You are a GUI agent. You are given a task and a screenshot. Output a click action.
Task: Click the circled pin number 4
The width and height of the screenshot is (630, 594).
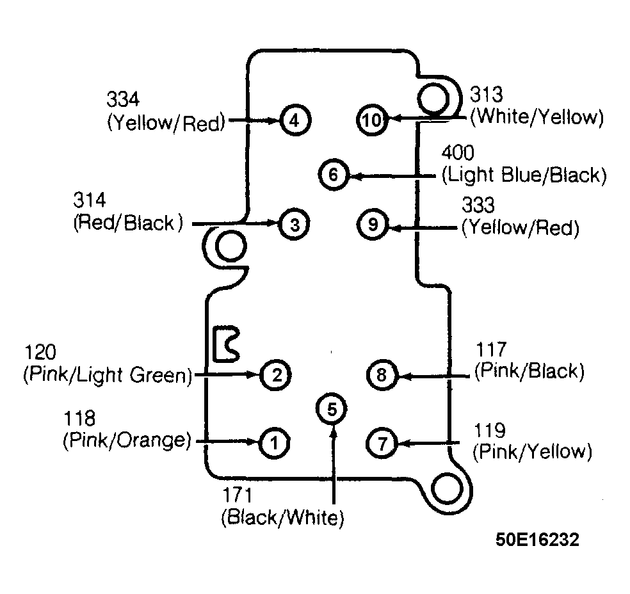[295, 120]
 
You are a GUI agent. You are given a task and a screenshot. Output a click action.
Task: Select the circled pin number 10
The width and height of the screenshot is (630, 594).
[371, 120]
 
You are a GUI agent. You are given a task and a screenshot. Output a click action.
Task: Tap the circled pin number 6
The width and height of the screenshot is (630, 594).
[334, 175]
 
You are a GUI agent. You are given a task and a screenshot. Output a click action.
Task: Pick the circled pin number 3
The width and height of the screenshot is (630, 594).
[295, 225]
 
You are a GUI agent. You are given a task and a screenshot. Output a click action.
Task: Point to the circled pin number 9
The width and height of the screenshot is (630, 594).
[373, 225]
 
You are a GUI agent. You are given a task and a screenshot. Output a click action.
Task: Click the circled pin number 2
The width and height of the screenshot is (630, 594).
[276, 375]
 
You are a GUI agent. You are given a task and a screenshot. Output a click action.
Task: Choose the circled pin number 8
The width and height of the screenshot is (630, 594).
[382, 375]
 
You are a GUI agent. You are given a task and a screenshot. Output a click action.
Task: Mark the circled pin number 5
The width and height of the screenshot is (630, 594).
[332, 409]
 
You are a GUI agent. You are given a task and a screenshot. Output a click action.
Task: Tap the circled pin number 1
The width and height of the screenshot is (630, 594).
[275, 443]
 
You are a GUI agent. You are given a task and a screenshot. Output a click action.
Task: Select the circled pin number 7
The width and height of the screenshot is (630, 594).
[382, 444]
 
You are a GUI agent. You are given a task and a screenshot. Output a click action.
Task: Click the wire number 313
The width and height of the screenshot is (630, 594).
[486, 95]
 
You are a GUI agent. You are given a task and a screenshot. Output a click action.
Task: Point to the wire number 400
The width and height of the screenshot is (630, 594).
[458, 152]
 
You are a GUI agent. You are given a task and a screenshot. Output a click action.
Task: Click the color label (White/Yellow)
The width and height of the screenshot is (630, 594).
[537, 117]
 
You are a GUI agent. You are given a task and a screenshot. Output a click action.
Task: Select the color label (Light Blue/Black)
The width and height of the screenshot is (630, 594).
[524, 175]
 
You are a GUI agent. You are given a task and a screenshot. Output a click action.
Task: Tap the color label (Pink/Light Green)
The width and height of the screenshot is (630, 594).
[108, 374]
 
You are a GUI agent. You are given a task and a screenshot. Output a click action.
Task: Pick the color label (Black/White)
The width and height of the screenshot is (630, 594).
[282, 517]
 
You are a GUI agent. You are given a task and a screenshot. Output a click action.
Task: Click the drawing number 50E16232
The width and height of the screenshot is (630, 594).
[537, 540]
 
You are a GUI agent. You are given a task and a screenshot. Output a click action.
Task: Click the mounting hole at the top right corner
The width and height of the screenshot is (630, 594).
[433, 99]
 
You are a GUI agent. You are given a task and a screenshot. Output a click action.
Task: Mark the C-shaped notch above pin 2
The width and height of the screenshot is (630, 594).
[226, 344]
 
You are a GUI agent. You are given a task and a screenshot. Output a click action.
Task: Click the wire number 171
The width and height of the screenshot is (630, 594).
[238, 495]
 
